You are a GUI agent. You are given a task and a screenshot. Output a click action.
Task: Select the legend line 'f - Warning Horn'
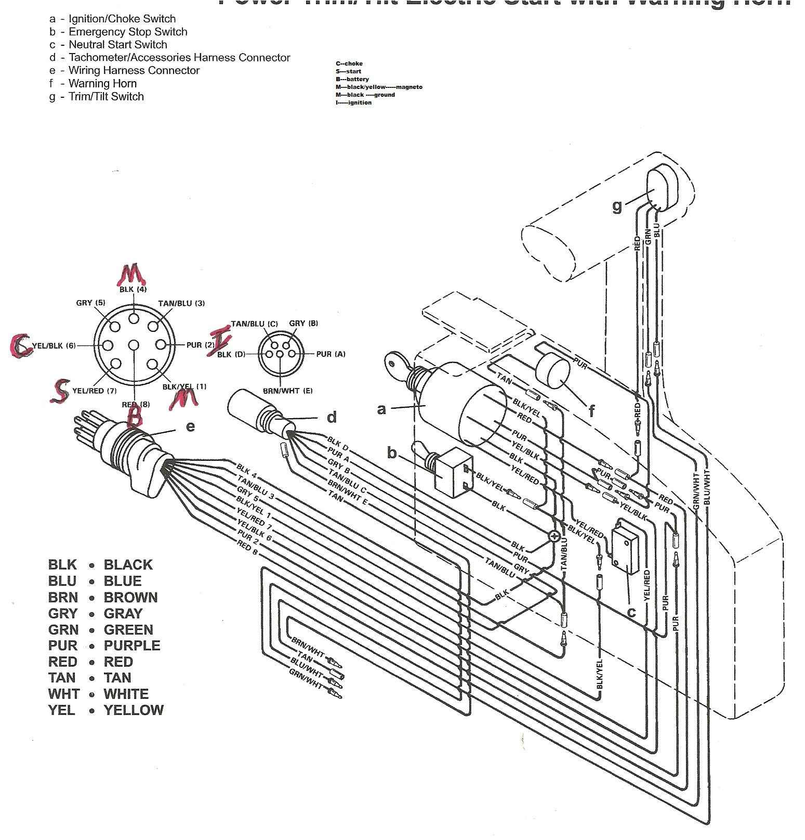[x=97, y=83]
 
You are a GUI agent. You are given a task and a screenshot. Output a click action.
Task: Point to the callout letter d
[x=332, y=417]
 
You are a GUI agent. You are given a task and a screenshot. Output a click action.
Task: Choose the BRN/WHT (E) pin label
[x=287, y=391]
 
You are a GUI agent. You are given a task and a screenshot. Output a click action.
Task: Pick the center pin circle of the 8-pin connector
[x=134, y=345]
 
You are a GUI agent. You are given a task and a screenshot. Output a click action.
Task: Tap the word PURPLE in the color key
[x=132, y=645]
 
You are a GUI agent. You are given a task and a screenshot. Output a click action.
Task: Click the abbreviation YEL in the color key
[x=61, y=710]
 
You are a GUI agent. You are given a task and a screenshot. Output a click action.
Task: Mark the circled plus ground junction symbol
[x=555, y=536]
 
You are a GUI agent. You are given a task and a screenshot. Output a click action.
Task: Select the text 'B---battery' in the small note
[x=352, y=79]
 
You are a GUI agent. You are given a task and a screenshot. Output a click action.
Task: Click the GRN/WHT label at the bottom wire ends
[x=305, y=679]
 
